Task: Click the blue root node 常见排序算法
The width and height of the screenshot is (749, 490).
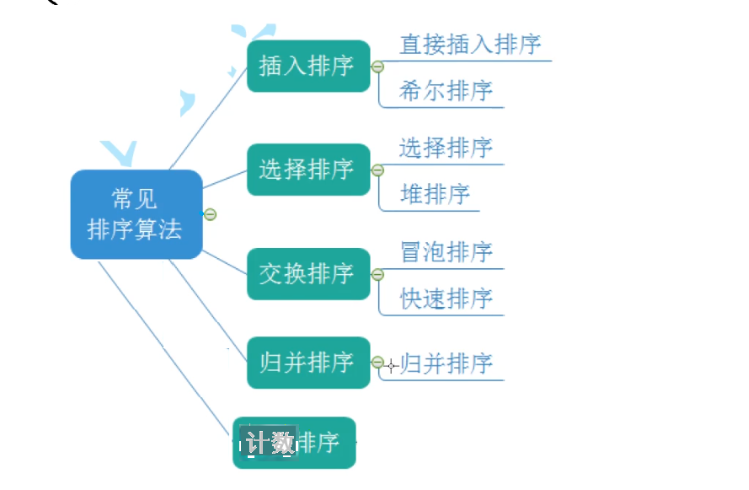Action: pos(136,214)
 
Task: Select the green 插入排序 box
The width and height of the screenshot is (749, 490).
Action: pos(308,66)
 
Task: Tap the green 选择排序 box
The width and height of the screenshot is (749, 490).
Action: pos(308,170)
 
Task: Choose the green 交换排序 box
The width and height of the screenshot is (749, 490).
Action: pos(308,273)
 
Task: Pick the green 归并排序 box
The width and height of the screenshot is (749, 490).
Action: pos(308,363)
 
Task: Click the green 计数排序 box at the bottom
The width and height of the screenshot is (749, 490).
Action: pos(294,443)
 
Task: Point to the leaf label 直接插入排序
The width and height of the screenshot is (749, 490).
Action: pos(469,45)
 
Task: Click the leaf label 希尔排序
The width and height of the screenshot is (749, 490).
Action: pos(446,91)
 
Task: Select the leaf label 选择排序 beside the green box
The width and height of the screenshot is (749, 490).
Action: pos(446,148)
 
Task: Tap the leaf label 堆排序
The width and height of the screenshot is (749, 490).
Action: pos(435,195)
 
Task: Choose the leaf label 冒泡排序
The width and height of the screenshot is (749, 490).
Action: pos(446,252)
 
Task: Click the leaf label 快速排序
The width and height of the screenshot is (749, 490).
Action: pos(446,299)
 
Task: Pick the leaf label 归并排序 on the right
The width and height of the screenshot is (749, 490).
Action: pos(447,364)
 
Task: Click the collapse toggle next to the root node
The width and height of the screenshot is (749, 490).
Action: pos(210,214)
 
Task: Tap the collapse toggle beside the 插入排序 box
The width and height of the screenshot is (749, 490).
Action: pos(377,67)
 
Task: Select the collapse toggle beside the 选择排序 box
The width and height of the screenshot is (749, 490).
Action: pos(377,170)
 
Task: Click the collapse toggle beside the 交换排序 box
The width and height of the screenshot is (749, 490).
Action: pos(377,274)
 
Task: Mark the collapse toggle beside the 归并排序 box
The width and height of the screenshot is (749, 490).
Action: pos(377,363)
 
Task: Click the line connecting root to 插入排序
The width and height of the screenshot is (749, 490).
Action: pos(208,117)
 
